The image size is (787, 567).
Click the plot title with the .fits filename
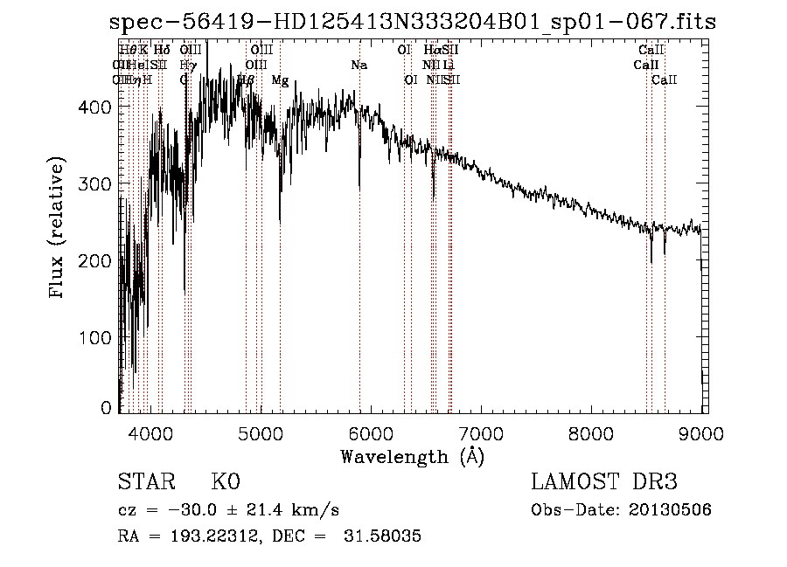413,21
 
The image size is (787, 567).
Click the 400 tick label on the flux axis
94,107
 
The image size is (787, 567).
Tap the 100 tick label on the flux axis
94,338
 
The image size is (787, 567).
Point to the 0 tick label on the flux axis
106,407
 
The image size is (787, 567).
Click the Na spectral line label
359,66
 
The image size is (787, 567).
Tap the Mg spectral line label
280,80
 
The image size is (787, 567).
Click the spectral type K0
225,482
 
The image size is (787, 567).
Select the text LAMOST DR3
604,482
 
